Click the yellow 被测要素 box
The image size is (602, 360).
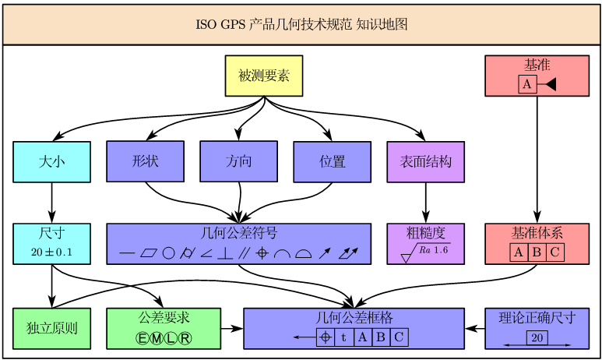(x=263, y=76)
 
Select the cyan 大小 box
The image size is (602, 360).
(x=51, y=161)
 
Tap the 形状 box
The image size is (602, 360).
(x=145, y=161)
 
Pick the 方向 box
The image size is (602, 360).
(x=238, y=161)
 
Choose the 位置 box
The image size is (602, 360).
(x=332, y=161)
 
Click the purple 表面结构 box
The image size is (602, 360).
(x=425, y=161)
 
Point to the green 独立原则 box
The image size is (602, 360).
(x=51, y=328)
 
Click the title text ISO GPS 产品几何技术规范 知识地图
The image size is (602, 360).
(x=301, y=24)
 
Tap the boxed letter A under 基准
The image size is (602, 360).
(x=527, y=84)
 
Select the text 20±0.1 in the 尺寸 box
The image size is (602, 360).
(x=51, y=252)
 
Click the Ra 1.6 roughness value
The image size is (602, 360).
(x=434, y=250)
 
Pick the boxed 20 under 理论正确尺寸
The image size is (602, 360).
(x=537, y=337)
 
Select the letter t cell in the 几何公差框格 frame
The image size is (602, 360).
(x=343, y=337)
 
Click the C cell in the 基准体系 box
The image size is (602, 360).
(x=554, y=252)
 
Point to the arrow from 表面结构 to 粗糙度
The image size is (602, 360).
(x=425, y=203)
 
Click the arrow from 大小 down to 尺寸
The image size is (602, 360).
(x=51, y=203)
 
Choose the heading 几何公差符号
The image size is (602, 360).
(x=238, y=233)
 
